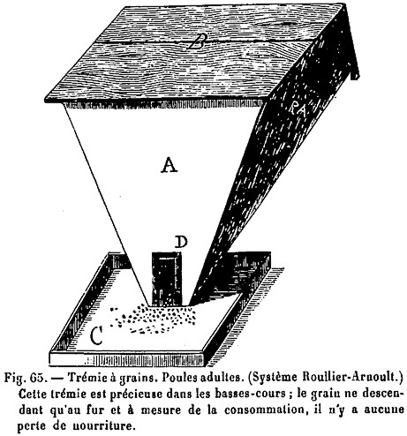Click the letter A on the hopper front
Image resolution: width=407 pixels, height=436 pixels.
coord(170,165)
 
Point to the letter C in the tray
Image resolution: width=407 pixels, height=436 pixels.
coord(96,335)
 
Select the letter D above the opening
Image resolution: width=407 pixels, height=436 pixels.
coord(181,243)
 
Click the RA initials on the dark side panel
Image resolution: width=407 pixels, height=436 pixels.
coord(298,108)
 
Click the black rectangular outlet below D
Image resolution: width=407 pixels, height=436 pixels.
coord(167,279)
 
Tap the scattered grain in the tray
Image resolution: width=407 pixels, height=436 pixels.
coord(153,319)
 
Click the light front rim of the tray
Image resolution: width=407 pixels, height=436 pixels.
coord(126,359)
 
